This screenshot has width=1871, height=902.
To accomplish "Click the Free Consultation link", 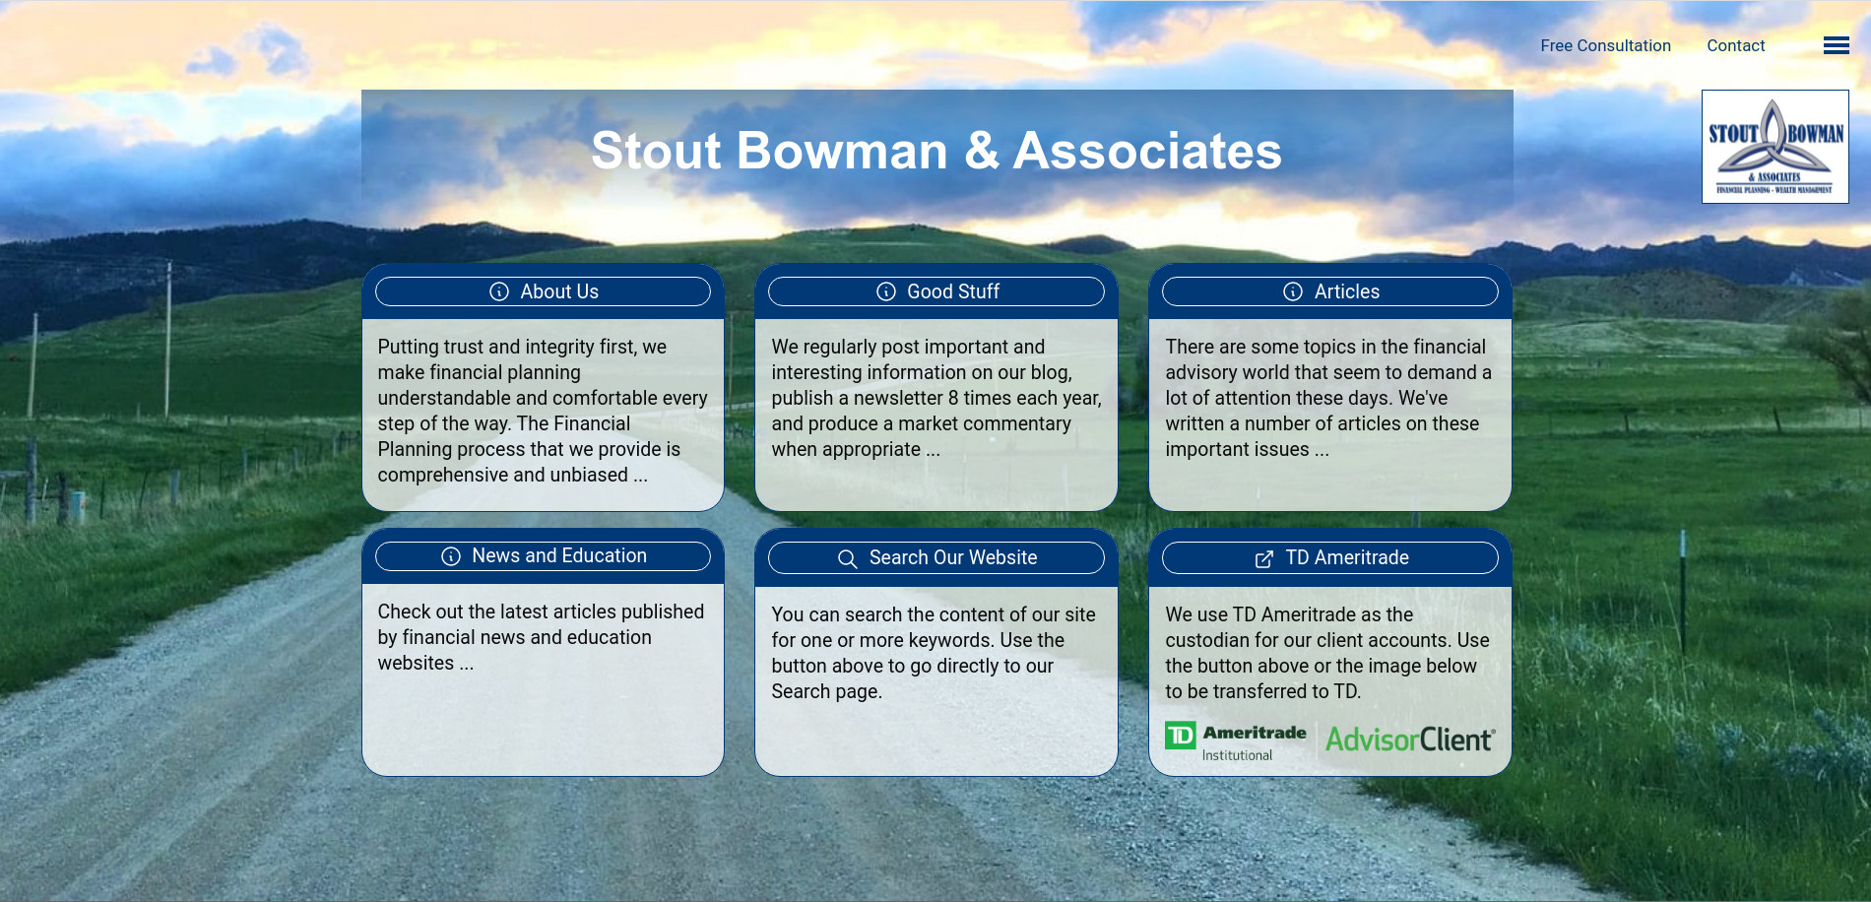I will tap(1605, 45).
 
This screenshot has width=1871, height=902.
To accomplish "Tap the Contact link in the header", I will tap(1735, 45).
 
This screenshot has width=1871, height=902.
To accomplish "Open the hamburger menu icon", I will tap(1836, 45).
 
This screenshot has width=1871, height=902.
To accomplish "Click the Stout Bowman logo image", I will tap(1774, 147).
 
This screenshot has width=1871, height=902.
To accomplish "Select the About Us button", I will tap(543, 291).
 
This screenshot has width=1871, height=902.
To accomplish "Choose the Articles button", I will tap(1329, 291).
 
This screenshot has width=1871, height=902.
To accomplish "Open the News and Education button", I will tap(543, 556).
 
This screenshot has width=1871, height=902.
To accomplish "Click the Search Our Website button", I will tap(935, 557).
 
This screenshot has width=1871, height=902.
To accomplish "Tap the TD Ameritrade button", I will tap(1329, 557).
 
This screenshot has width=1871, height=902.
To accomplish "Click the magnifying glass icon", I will tap(847, 558).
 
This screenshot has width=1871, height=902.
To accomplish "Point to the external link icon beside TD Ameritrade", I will tap(1264, 558).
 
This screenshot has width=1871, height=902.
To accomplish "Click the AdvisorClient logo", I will tap(1409, 740).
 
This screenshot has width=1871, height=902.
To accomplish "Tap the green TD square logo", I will tap(1180, 736).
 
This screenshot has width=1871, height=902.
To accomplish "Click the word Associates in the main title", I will tap(1147, 151).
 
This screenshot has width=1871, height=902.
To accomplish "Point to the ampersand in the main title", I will tap(981, 151).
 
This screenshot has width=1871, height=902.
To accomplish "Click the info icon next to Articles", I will tap(1293, 291).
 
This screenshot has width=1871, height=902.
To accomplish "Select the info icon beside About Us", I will tap(499, 291).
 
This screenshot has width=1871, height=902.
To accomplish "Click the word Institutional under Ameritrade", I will tap(1237, 755).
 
